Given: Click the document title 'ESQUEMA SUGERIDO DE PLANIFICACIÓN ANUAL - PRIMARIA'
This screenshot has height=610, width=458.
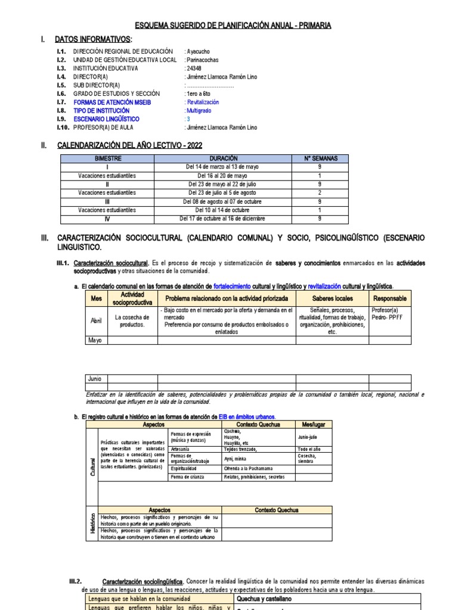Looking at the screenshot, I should [233, 26].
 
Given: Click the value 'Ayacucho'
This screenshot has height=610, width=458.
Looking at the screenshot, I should [198, 52].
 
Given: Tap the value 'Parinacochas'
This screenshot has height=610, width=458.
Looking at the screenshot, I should [203, 60].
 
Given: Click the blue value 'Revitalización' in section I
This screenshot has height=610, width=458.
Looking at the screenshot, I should [207, 102].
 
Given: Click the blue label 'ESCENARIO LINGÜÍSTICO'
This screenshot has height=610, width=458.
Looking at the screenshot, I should [106, 119].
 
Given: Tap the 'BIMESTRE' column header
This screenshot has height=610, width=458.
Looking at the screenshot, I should [107, 158].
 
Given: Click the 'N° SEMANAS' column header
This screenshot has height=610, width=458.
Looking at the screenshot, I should [321, 158].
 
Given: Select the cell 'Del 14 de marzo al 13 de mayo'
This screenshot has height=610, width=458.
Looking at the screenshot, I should [223, 167].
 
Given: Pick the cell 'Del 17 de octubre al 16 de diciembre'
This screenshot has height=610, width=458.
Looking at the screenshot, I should [223, 218].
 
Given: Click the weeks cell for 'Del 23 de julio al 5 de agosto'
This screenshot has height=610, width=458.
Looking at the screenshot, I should [321, 193].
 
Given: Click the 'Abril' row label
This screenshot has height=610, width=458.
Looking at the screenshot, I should [96, 320].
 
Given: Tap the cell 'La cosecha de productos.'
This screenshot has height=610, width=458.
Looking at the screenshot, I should [132, 320].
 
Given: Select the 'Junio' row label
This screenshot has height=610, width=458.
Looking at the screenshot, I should [95, 378].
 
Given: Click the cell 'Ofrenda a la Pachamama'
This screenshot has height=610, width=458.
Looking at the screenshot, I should [249, 469].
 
